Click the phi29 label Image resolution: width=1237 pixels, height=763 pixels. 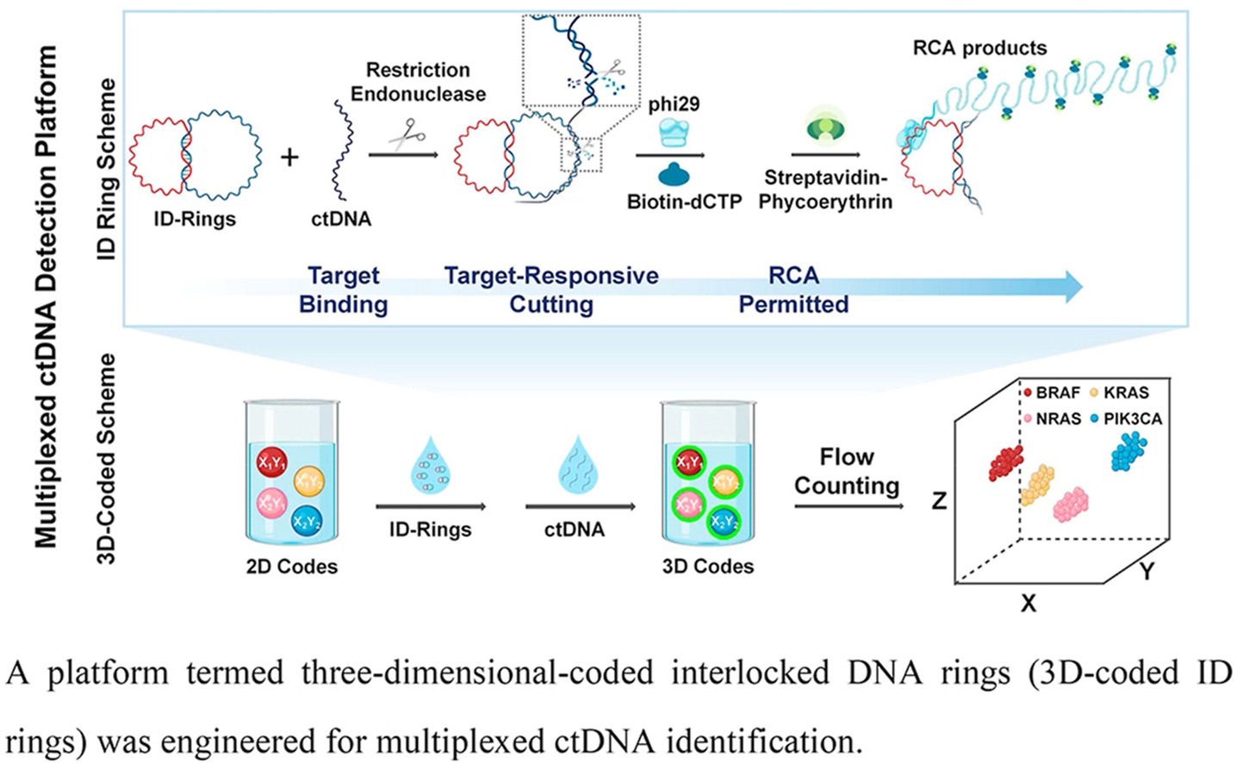pos(674,105)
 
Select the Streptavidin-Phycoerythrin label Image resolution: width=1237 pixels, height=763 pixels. pos(825,190)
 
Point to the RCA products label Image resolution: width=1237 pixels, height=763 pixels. pos(979,48)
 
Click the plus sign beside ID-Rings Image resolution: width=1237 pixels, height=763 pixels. pos(290,158)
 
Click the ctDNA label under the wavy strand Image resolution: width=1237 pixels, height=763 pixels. pos(341,219)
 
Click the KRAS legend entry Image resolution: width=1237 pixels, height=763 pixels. pos(1119,393)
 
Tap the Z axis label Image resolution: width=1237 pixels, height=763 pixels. pos(940,500)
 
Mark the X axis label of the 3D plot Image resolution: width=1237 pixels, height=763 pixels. pos(1028,604)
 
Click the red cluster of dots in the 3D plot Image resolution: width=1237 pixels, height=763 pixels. pos(1005,462)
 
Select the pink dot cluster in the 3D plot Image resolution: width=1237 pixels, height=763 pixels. pos(1072,504)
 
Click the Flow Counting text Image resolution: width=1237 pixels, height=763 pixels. pos(846,471)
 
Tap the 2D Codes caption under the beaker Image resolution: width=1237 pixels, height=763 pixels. pos(292,567)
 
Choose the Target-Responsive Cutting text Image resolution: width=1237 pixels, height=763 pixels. pos(551,289)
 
